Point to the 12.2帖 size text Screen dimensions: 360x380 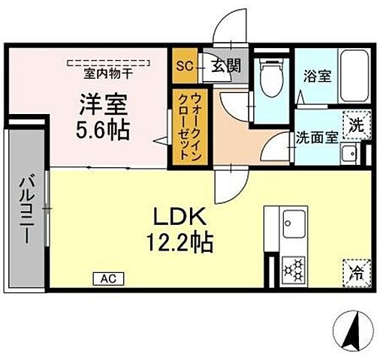tap(179, 241)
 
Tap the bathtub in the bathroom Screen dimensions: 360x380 tap(352, 79)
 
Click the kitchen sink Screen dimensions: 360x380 tap(291, 223)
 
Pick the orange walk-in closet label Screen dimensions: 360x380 tap(184, 127)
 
